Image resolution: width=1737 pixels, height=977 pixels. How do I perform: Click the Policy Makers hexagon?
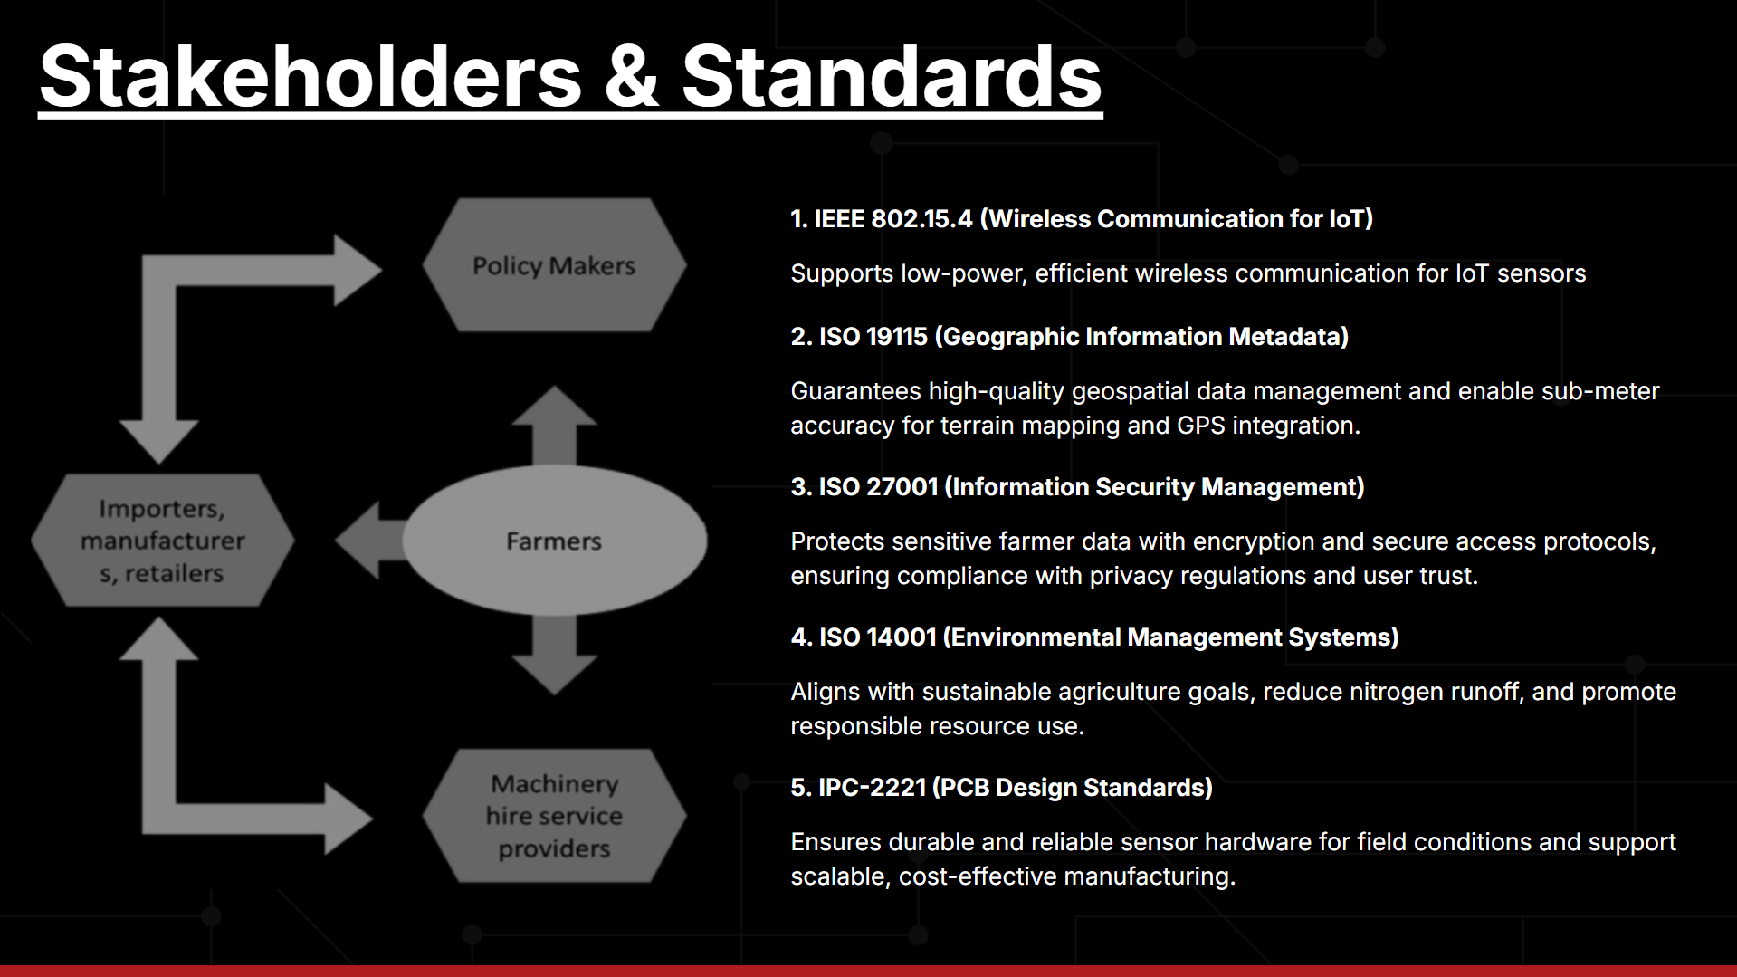(554, 264)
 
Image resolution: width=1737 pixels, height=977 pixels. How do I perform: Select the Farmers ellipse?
(554, 541)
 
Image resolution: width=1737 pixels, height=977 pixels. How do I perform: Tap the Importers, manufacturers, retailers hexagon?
(163, 541)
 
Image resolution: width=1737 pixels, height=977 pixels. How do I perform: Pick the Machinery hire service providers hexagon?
(554, 815)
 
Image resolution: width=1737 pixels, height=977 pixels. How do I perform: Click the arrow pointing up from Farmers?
(554, 426)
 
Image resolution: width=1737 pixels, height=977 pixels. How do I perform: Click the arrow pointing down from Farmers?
(554, 656)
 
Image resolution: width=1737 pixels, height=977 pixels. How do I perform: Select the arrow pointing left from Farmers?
(369, 541)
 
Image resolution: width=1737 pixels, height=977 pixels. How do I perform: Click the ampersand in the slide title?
(632, 77)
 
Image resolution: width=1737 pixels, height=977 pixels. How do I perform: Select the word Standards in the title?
(892, 77)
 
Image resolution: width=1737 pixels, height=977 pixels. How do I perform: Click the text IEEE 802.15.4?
(893, 219)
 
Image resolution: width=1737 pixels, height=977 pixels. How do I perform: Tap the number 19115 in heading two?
(897, 337)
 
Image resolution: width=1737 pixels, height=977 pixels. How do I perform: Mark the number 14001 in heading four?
(901, 637)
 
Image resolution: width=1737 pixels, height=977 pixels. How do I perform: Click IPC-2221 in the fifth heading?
(872, 788)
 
